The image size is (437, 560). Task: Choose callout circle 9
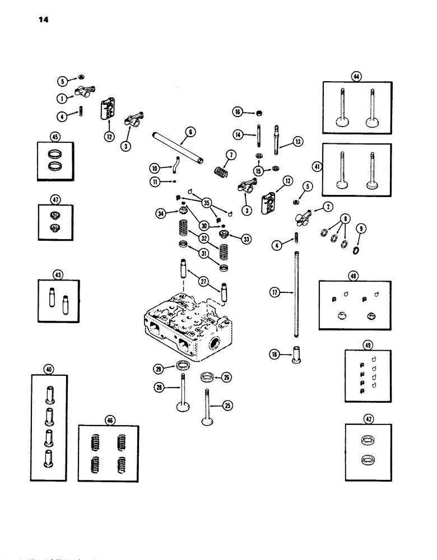tap(361, 228)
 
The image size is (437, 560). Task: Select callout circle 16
tap(238, 113)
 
